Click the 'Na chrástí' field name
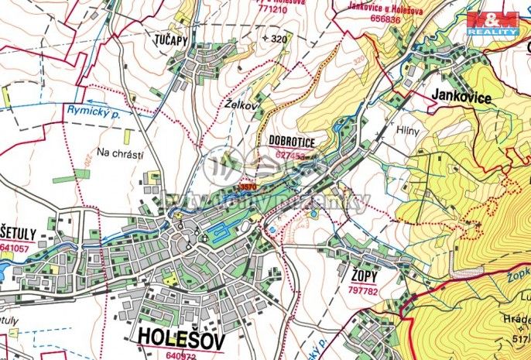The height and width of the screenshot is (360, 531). [120, 153]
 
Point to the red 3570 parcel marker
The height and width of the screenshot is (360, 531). [248, 187]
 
